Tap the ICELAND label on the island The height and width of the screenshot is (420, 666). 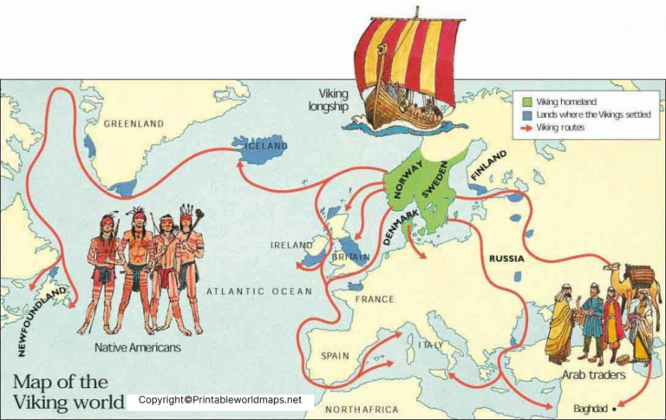pos(265,146)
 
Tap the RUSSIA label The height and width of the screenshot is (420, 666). pos(506,259)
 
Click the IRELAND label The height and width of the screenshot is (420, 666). pos(291,246)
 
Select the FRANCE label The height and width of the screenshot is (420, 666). pos(375,299)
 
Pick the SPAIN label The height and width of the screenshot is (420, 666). pos(335,356)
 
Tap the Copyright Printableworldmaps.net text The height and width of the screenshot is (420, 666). pos(219,400)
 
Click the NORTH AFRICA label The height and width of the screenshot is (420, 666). pos(362,409)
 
